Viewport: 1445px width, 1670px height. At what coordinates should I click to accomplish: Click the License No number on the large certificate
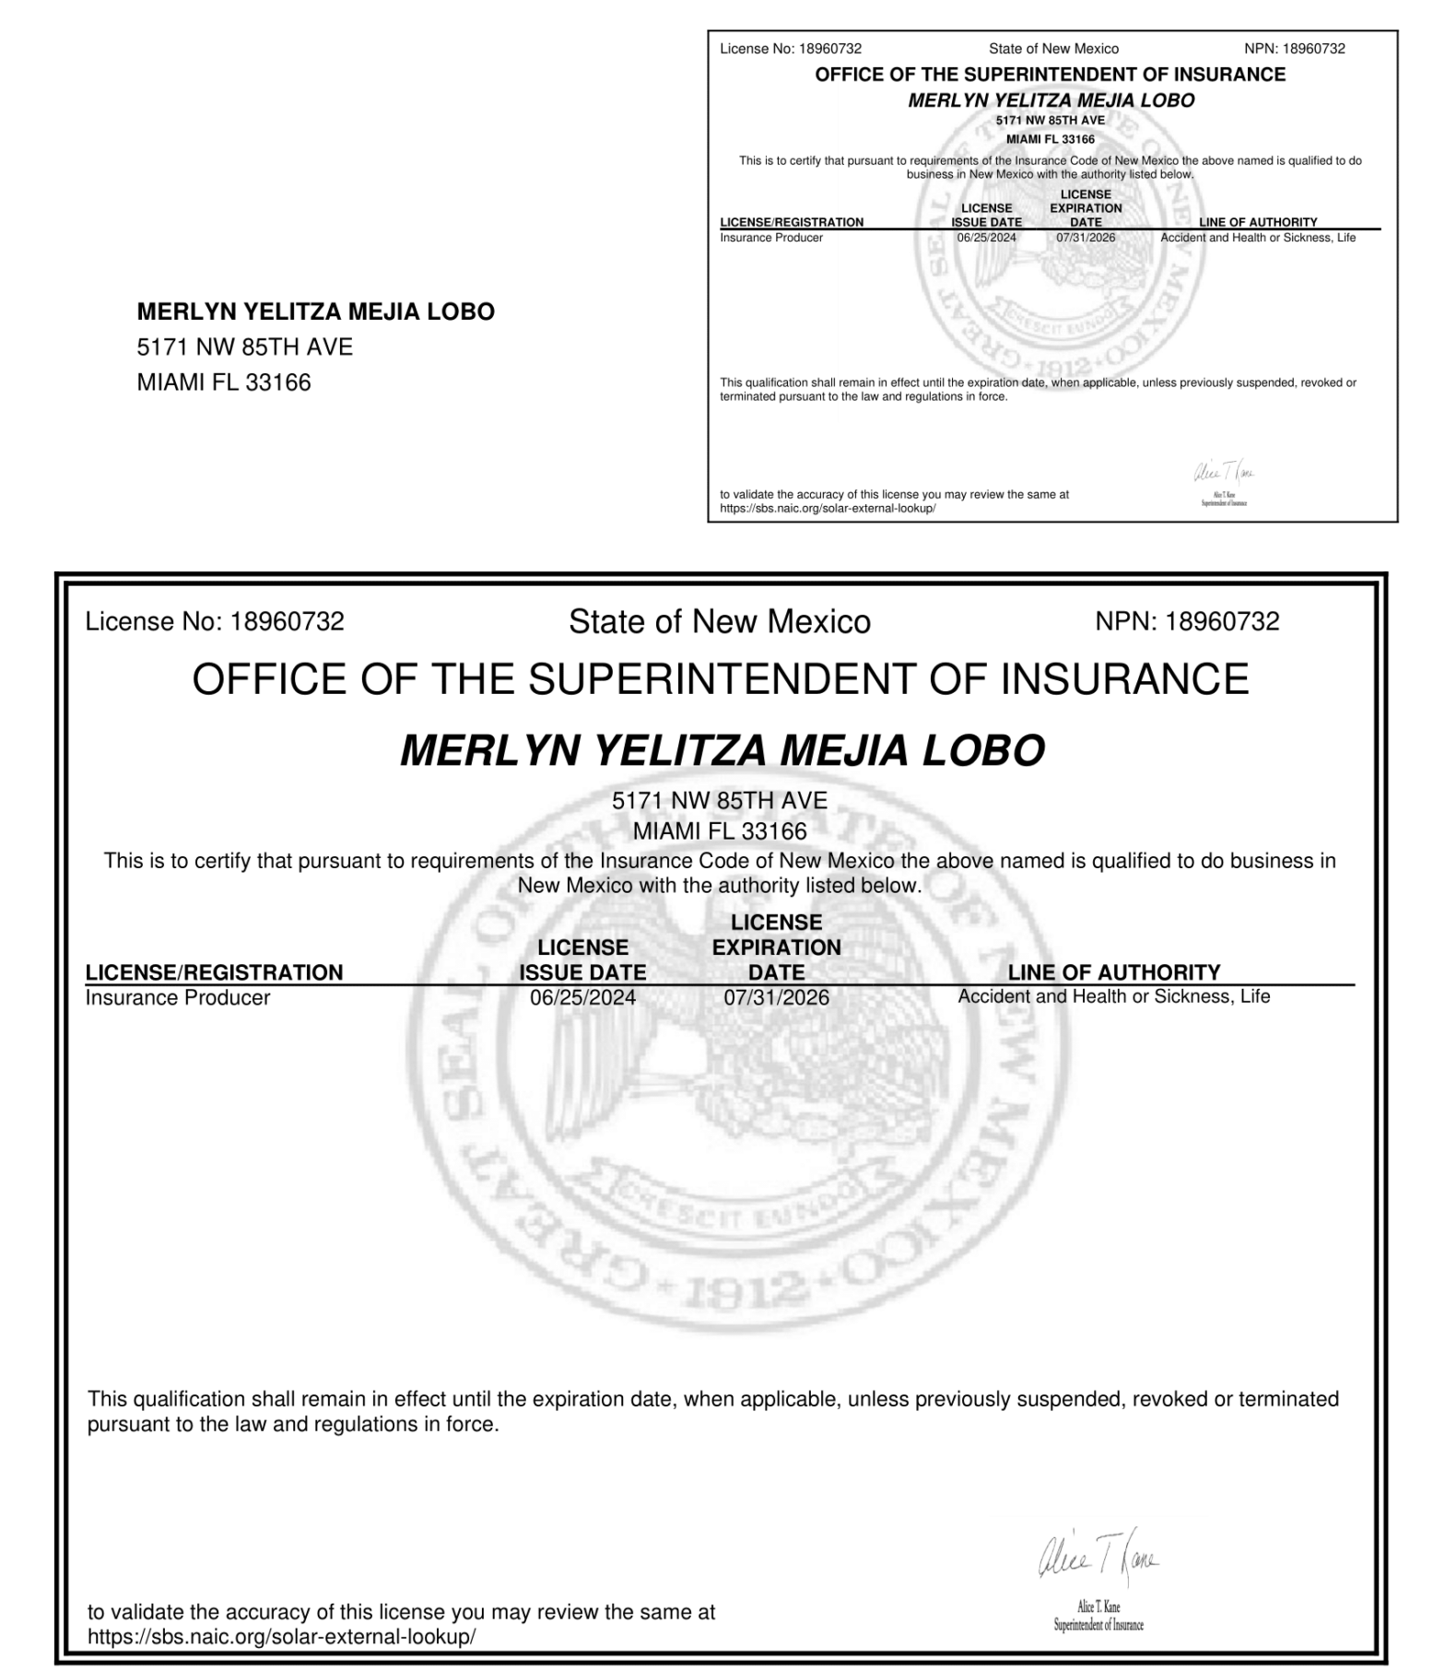pos(287,622)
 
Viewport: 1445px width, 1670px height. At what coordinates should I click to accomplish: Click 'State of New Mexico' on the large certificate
pos(719,622)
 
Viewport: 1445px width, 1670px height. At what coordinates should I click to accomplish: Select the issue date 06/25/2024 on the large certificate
pos(582,997)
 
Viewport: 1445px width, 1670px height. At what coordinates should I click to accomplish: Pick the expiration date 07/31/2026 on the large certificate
pos(776,997)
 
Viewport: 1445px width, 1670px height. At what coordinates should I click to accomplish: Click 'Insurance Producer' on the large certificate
pos(178,997)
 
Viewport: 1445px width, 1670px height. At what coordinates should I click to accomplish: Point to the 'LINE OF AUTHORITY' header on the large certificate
pos(1113,972)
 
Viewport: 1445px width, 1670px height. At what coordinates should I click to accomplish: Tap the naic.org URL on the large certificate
pos(281,1637)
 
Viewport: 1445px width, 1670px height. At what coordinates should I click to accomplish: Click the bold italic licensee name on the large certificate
pos(722,750)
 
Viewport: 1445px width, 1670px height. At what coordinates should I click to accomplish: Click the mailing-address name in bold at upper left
pos(315,312)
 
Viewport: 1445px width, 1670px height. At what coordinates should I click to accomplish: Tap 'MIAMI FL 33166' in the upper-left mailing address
pos(224,382)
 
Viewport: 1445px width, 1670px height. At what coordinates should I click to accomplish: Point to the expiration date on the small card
pos(1086,238)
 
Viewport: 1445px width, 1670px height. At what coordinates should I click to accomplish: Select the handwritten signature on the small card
pos(1224,474)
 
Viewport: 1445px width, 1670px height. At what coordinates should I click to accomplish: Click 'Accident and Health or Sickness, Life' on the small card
pos(1258,238)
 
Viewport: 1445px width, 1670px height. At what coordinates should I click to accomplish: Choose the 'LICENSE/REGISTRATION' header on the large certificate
pos(214,972)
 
